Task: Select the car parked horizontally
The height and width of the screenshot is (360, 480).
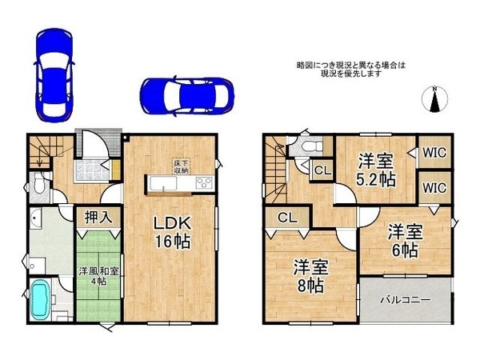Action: click(x=186, y=94)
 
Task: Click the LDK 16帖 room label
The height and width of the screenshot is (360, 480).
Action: click(x=172, y=230)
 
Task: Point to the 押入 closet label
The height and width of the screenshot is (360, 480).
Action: click(x=99, y=216)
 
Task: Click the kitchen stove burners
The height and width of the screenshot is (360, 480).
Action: click(x=203, y=182)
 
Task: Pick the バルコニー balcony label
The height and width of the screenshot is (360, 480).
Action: click(x=406, y=300)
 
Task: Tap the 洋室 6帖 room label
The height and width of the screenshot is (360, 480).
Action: click(x=405, y=241)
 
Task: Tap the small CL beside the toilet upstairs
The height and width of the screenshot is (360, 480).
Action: click(x=322, y=170)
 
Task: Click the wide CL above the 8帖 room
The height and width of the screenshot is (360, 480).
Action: click(x=287, y=218)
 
